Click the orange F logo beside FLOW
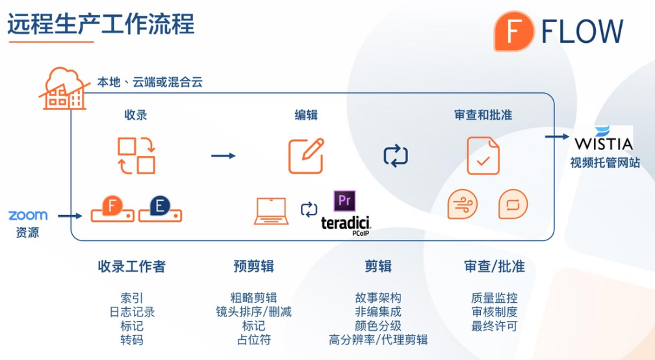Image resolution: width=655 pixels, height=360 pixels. click(x=514, y=31)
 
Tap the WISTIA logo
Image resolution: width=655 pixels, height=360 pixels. click(x=604, y=138)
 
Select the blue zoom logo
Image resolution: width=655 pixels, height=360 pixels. click(x=28, y=216)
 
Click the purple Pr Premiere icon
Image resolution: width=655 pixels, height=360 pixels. click(x=344, y=201)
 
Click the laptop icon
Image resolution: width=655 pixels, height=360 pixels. click(x=271, y=211)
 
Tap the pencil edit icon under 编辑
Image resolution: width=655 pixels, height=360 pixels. click(x=306, y=156)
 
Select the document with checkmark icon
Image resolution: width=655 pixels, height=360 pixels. click(x=483, y=156)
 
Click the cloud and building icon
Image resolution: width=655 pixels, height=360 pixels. click(x=64, y=88)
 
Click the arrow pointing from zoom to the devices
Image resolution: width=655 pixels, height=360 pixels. click(x=70, y=216)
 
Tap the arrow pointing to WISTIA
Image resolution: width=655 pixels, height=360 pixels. click(x=558, y=136)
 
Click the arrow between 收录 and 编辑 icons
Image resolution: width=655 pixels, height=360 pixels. click(x=224, y=156)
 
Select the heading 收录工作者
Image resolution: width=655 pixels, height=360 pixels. click(x=131, y=266)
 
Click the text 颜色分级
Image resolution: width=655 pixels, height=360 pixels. click(x=378, y=326)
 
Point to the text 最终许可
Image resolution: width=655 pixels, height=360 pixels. click(x=494, y=326)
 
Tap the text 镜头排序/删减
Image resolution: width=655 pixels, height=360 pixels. click(x=253, y=311)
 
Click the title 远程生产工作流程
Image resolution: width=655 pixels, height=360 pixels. click(x=101, y=24)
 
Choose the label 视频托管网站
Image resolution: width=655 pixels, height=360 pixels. click(x=605, y=162)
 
